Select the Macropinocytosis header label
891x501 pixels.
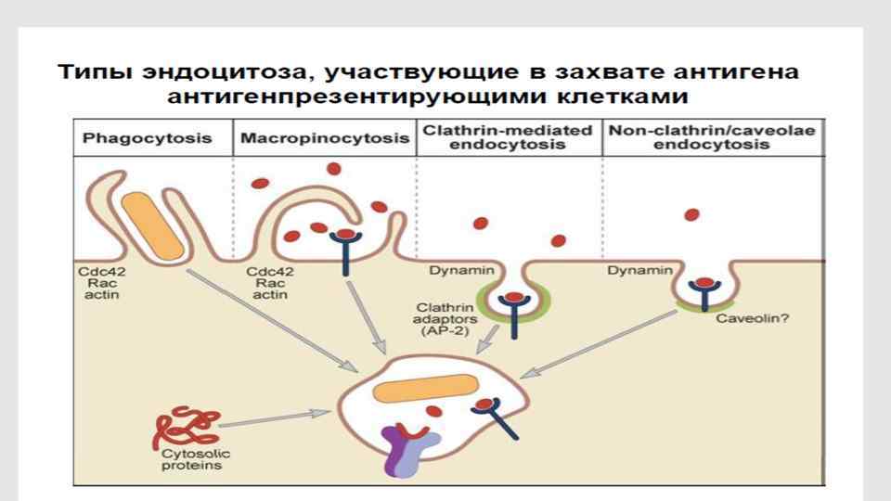[324, 139]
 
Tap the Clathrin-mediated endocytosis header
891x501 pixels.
[507, 138]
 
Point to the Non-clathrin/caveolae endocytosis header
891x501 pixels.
[712, 138]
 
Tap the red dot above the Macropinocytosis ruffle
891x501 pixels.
[333, 169]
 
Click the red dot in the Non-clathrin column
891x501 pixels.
[691, 215]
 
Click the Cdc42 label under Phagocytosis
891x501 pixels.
[96, 272]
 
